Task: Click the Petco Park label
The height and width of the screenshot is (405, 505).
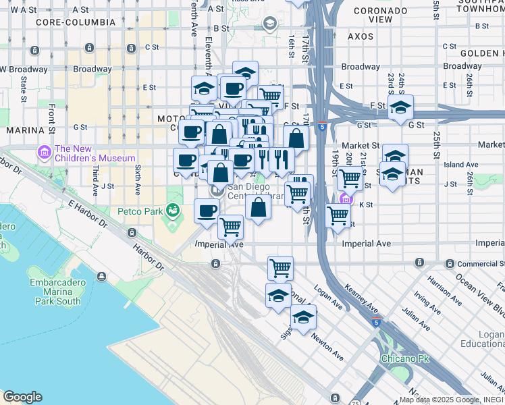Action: (144, 211)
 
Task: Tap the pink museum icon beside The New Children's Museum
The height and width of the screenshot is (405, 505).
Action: (45, 153)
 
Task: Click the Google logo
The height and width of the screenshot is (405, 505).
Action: (22, 397)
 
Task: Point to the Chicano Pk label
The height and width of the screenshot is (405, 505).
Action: (402, 357)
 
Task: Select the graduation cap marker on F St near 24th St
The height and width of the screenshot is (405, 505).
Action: (400, 107)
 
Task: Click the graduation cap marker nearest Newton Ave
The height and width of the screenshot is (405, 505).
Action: (303, 317)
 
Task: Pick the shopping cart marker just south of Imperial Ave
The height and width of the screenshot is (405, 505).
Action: (280, 267)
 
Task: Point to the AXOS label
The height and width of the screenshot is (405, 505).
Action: (361, 36)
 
